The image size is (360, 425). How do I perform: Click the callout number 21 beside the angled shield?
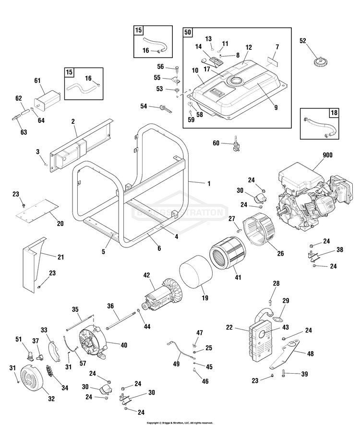coord(61,257)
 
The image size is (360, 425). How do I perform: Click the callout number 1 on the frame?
coord(208,184)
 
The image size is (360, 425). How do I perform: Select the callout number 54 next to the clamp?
coord(144,106)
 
